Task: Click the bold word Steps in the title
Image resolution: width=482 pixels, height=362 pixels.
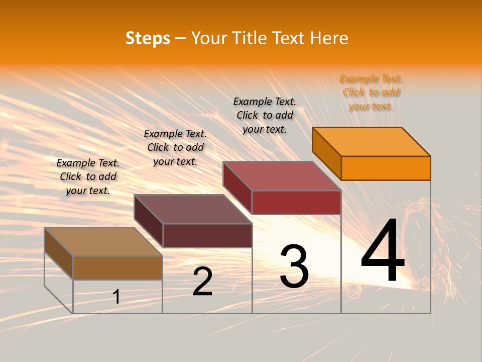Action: (148, 38)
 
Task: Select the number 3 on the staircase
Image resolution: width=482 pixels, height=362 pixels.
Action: (294, 266)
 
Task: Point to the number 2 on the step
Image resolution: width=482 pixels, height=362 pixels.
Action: (203, 282)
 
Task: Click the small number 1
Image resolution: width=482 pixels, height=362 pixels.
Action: (116, 297)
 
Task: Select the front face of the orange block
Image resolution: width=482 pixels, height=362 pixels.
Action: (386, 168)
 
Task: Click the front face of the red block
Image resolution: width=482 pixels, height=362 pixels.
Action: (296, 202)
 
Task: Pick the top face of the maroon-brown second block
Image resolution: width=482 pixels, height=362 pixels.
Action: (193, 209)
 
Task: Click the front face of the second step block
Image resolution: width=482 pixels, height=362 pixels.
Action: (207, 235)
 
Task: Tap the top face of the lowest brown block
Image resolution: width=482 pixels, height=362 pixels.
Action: (103, 242)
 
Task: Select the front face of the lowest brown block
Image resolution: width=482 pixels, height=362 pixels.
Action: (117, 267)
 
